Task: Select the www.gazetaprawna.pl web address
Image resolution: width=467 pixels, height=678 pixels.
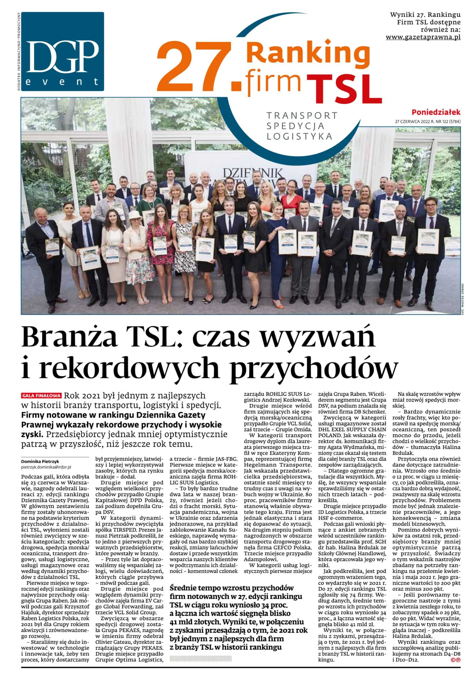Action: pyautogui.click(x=423, y=37)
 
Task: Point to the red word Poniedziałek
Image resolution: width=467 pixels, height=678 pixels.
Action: pyautogui.click(x=436, y=112)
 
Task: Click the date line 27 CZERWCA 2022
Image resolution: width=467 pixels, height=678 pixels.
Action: pyautogui.click(x=428, y=121)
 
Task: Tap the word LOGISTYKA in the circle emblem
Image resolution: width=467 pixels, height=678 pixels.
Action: pyautogui.click(x=299, y=136)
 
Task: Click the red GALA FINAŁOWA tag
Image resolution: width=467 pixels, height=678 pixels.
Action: pyautogui.click(x=41, y=396)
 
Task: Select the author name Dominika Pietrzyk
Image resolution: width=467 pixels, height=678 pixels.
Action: pyautogui.click(x=40, y=461)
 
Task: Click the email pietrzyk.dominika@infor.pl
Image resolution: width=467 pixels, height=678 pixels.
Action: pyautogui.click(x=46, y=467)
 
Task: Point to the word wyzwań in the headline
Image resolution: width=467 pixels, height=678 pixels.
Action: pyautogui.click(x=317, y=337)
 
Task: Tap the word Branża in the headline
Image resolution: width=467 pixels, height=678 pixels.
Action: pyautogui.click(x=69, y=337)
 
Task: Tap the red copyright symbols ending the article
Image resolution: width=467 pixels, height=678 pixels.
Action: pyautogui.click(x=455, y=660)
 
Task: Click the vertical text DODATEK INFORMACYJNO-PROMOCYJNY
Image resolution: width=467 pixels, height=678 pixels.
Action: pyautogui.click(x=19, y=51)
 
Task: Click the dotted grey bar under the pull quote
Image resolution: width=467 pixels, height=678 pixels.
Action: pyautogui.click(x=200, y=658)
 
